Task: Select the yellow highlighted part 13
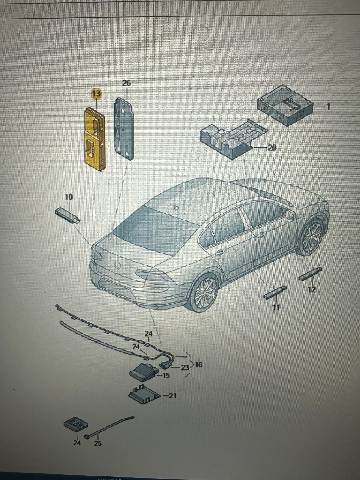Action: coord(94,140)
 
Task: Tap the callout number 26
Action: coord(127,83)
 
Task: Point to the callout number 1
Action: coord(328,106)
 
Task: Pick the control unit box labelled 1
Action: coord(285,106)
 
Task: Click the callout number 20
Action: coord(271,148)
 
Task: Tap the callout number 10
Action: coord(69,197)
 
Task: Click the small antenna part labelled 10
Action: coord(68,215)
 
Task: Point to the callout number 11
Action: coord(276,307)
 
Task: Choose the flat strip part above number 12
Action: coord(310,274)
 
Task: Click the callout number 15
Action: coord(166,375)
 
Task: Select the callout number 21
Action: coord(172,396)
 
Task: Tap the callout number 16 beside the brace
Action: coord(199,365)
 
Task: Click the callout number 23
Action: coord(185,367)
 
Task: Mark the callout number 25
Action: coord(98,443)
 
